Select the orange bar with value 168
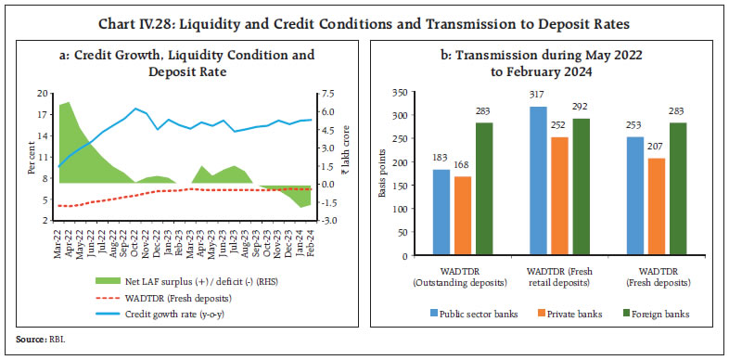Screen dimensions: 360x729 click(x=464, y=216)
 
